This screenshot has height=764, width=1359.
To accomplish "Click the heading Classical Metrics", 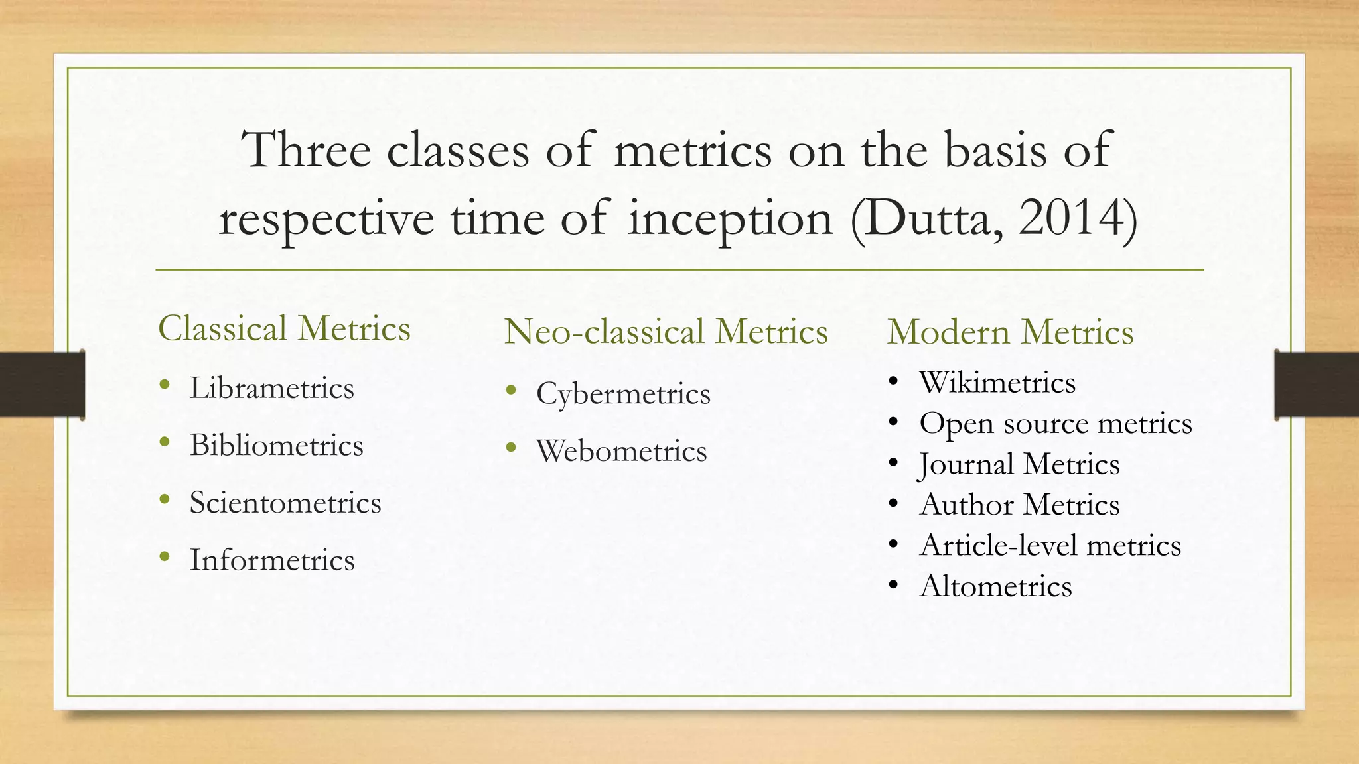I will [x=284, y=329].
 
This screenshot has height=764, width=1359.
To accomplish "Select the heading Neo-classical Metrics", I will [x=666, y=332].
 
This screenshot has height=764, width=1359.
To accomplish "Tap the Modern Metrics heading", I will [x=1010, y=332].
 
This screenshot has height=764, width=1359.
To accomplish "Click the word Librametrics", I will [x=271, y=389].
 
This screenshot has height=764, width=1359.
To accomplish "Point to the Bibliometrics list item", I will [x=276, y=446].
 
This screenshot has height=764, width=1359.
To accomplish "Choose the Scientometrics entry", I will [x=285, y=503].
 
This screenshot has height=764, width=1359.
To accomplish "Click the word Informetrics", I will [x=272, y=560].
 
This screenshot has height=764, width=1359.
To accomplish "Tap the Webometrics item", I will [x=621, y=452].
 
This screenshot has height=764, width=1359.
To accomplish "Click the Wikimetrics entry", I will [x=997, y=383].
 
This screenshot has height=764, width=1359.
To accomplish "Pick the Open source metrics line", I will [x=1055, y=424].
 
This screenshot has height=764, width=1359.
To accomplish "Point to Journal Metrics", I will [x=1019, y=464].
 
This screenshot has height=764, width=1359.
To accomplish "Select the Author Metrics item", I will [x=1019, y=505].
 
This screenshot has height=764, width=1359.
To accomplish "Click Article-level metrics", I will [x=1050, y=546].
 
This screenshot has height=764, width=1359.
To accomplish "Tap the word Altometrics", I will [x=995, y=587].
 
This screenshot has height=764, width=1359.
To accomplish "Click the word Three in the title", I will [x=306, y=150].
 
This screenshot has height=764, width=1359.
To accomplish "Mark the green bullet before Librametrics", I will [x=165, y=385].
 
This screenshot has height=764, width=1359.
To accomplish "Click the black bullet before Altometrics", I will [x=894, y=586].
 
